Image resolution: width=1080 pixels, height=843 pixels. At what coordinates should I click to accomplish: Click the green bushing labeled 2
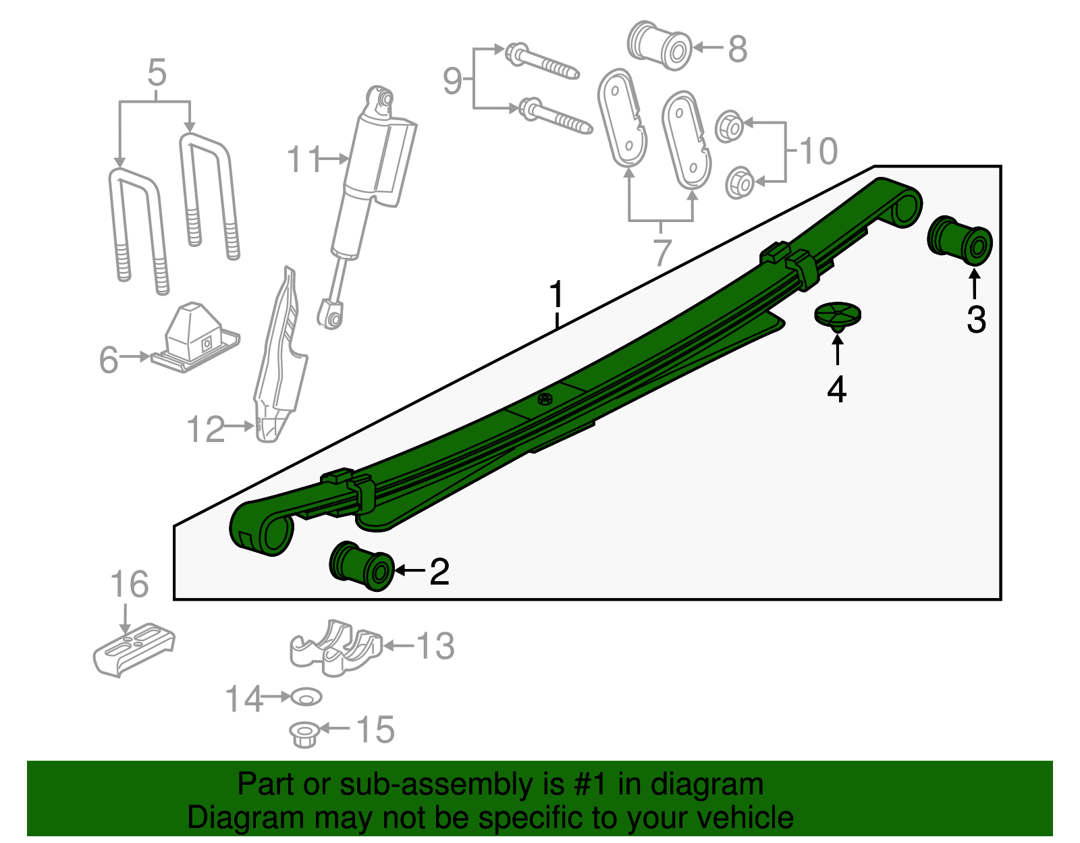pos(361,566)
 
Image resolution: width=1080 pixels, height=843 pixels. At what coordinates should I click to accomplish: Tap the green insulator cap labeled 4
pos(838,315)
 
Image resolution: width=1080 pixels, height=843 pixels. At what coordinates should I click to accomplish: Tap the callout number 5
pos(157,73)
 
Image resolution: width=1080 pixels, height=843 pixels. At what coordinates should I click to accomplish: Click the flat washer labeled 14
pos(306,696)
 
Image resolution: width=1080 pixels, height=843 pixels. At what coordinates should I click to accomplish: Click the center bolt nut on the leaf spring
pos(545,400)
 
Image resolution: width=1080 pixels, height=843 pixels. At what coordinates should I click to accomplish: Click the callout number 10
pos(818,151)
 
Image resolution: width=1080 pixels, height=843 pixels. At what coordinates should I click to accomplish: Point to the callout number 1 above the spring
pos(556,294)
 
